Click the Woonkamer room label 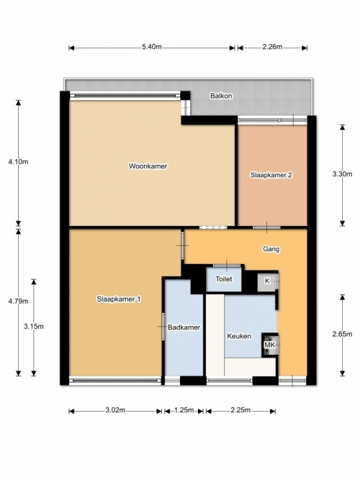pyautogui.click(x=148, y=166)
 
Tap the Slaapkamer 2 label pyautogui.click(x=271, y=175)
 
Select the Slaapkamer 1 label pyautogui.click(x=119, y=299)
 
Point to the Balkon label pyautogui.click(x=221, y=96)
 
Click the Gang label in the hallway pyautogui.click(x=271, y=249)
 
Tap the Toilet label pyautogui.click(x=224, y=279)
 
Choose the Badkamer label pyautogui.click(x=184, y=327)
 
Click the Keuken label pyautogui.click(x=239, y=336)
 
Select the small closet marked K pyautogui.click(x=267, y=281)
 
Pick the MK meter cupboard pyautogui.click(x=270, y=345)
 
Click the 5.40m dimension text pyautogui.click(x=152, y=47)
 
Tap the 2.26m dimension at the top pyautogui.click(x=272, y=47)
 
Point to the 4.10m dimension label pyautogui.click(x=18, y=162)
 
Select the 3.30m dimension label pyautogui.click(x=342, y=174)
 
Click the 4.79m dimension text pyautogui.click(x=18, y=302)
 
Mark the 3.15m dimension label pyautogui.click(x=34, y=326)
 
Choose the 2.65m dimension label pyautogui.click(x=342, y=334)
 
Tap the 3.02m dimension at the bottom pyautogui.click(x=115, y=410)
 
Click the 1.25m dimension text pyautogui.click(x=184, y=410)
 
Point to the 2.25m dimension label pyautogui.click(x=240, y=410)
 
